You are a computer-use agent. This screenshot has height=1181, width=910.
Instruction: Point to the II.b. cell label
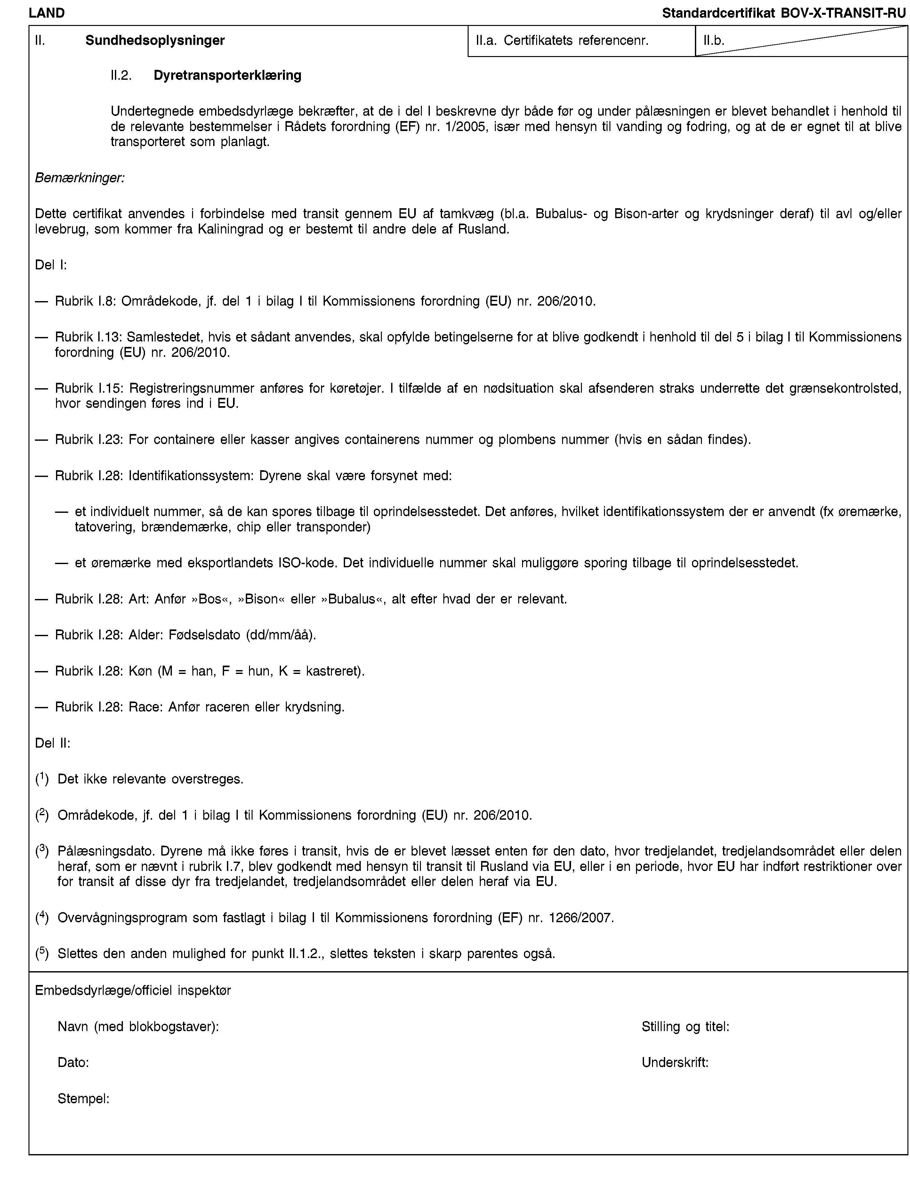(713, 40)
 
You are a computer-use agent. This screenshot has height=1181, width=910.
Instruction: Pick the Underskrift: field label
(675, 1062)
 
